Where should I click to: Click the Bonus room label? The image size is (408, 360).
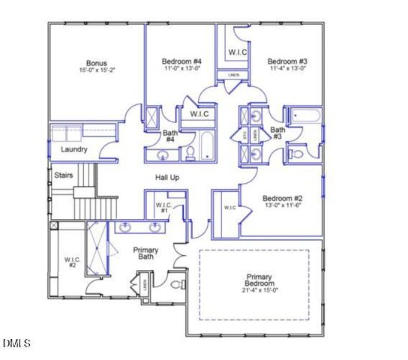(x=96, y=62)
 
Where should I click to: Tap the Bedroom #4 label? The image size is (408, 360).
(x=181, y=61)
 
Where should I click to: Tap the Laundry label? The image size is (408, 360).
(x=74, y=149)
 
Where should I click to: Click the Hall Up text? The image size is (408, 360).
(x=167, y=178)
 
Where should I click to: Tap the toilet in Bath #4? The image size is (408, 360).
(x=190, y=154)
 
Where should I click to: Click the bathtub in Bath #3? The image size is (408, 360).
(x=305, y=116)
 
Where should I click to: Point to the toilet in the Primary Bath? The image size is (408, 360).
(x=177, y=284)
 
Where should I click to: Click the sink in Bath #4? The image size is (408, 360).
(x=163, y=155)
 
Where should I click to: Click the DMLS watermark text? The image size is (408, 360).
(x=16, y=343)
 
